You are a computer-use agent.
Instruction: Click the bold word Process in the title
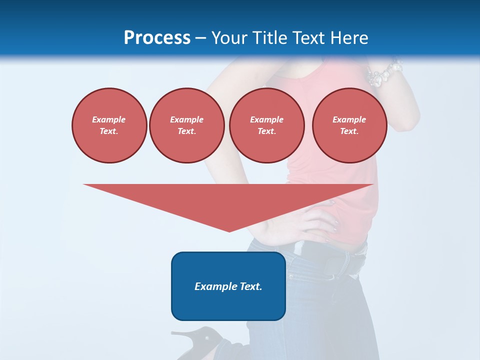coord(157,38)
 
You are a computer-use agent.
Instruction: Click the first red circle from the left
coord(109,125)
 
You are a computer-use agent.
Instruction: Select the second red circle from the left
coord(187,125)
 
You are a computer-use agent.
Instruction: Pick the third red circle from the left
coord(266,125)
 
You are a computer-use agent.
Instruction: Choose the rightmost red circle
coord(349,125)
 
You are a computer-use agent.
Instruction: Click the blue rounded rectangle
coord(228,286)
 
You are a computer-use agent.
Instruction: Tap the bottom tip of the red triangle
coord(229,231)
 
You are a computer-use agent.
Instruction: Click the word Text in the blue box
coord(251,286)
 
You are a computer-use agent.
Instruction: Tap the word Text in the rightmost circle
coord(349,131)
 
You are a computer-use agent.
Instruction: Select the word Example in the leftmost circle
coord(109,119)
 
